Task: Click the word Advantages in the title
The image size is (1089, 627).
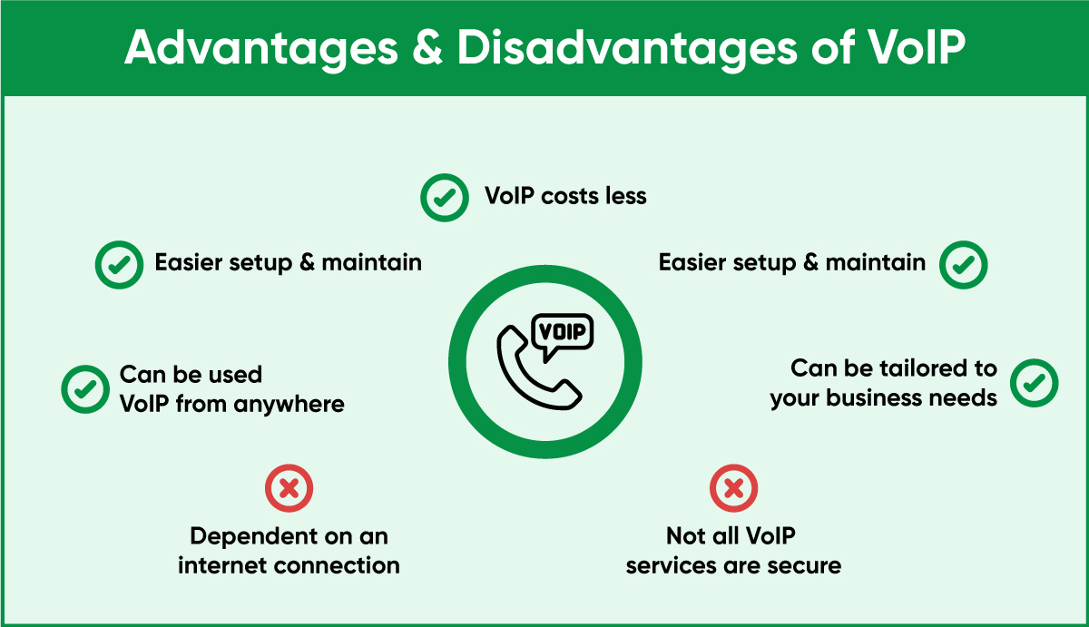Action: (261, 49)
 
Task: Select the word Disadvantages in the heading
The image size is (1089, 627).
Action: (627, 49)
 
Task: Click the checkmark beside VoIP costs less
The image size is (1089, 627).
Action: (445, 197)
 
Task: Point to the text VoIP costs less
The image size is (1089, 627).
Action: (565, 196)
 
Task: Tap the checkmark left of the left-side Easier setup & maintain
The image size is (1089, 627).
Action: (119, 265)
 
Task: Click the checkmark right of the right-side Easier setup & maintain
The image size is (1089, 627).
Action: (963, 265)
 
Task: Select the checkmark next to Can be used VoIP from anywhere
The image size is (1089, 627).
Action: (85, 389)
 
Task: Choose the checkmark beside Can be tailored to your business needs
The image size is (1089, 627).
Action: (1034, 383)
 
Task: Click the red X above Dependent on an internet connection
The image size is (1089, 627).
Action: (289, 488)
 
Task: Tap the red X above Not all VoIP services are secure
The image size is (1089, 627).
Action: (733, 488)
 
